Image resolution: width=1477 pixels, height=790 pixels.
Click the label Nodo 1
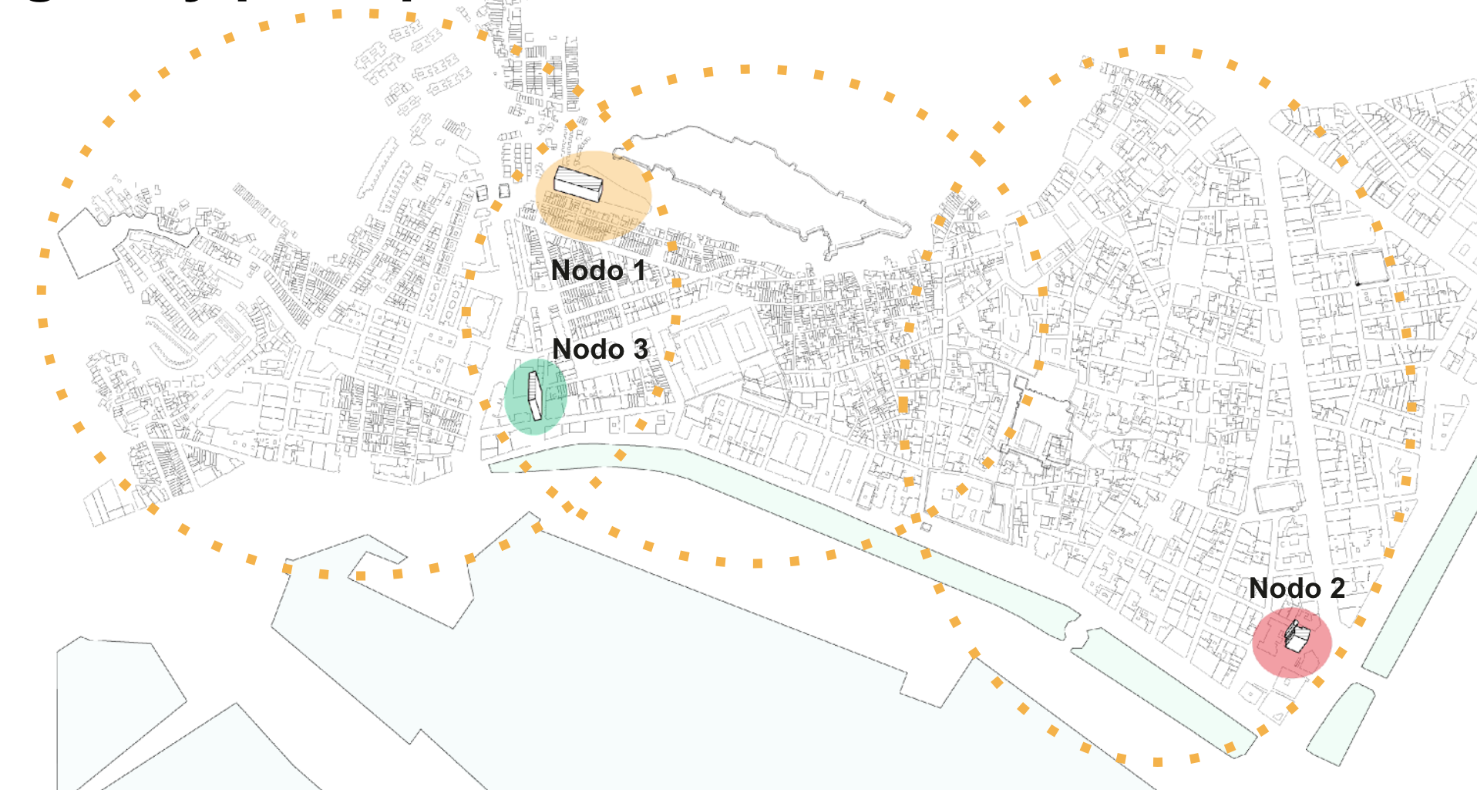pyautogui.click(x=598, y=271)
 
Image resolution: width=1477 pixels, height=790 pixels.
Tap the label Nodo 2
pyautogui.click(x=1297, y=589)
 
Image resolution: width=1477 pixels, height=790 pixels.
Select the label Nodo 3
pyautogui.click(x=600, y=349)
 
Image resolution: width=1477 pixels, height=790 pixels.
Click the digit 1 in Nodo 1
pyautogui.click(x=638, y=271)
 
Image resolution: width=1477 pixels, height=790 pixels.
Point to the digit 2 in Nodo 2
pyautogui.click(x=1337, y=589)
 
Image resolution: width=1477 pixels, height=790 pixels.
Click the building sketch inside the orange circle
pyautogui.click(x=578, y=184)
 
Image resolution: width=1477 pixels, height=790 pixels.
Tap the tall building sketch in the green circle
pyautogui.click(x=534, y=396)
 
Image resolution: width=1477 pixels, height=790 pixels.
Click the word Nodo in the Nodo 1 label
pyautogui.click(x=587, y=271)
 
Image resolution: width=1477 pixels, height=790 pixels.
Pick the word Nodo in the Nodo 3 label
pyautogui.click(x=588, y=349)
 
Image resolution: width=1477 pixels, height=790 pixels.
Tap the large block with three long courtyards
pyautogui.click(x=717, y=347)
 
